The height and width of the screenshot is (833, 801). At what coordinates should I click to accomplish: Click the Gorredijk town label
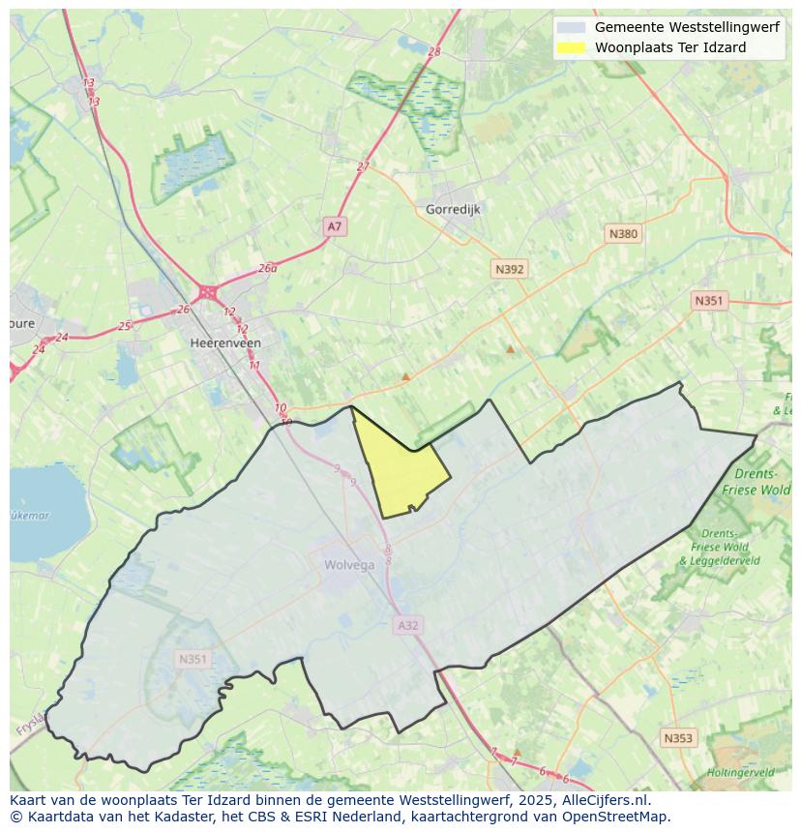click(x=453, y=209)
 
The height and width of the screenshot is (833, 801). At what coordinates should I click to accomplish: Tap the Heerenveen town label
click(x=225, y=342)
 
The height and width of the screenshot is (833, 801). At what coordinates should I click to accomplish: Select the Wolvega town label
click(x=349, y=565)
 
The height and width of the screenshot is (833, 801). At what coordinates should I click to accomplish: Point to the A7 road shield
click(x=334, y=226)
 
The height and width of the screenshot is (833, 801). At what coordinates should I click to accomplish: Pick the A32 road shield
click(x=408, y=625)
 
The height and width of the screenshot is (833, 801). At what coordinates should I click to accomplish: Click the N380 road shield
click(x=623, y=233)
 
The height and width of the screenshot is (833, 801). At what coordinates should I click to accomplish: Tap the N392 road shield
click(x=509, y=269)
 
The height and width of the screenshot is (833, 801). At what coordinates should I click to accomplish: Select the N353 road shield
click(x=678, y=738)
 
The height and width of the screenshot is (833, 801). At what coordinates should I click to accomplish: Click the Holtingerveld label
click(x=740, y=772)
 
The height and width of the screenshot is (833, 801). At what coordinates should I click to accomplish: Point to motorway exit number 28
click(x=433, y=51)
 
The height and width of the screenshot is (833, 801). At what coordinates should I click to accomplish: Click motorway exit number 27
click(x=363, y=166)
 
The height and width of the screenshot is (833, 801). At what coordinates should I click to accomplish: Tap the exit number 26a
click(x=268, y=268)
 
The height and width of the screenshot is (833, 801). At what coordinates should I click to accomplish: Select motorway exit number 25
click(x=124, y=326)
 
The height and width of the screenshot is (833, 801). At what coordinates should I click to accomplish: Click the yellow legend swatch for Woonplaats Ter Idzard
click(x=572, y=47)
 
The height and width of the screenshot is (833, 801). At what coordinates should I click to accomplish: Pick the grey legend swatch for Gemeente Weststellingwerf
click(x=572, y=27)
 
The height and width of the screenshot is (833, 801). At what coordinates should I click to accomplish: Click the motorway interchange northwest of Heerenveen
click(x=207, y=291)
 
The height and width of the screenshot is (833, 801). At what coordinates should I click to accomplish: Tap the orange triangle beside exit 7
click(x=517, y=751)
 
